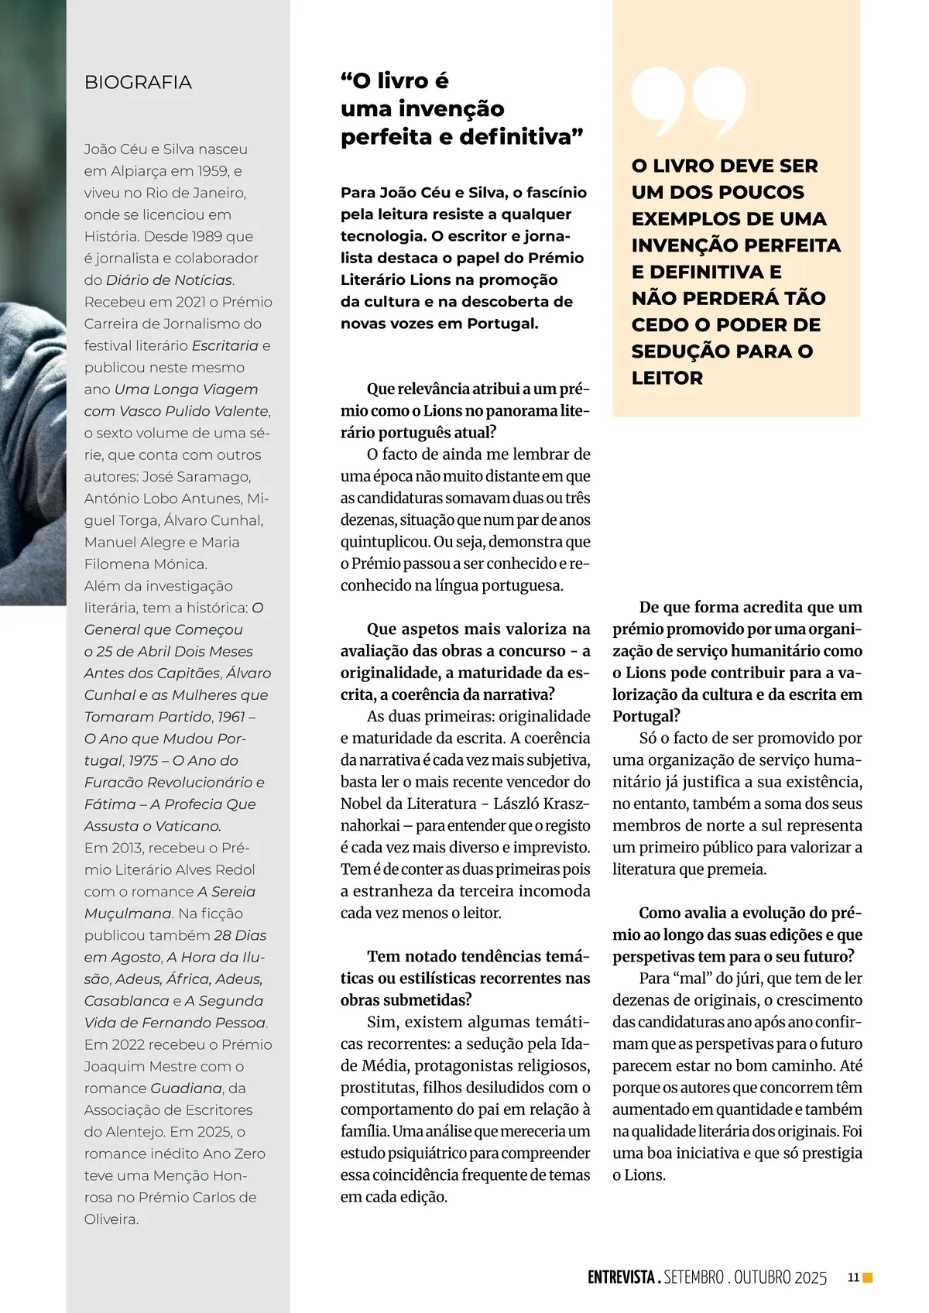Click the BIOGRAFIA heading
click(x=138, y=82)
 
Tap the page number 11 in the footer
click(x=853, y=1277)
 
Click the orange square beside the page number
click(x=868, y=1277)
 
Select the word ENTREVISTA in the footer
click(x=621, y=1277)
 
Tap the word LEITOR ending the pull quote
click(x=667, y=378)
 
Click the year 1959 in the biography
click(x=212, y=171)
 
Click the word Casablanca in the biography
click(x=126, y=1001)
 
